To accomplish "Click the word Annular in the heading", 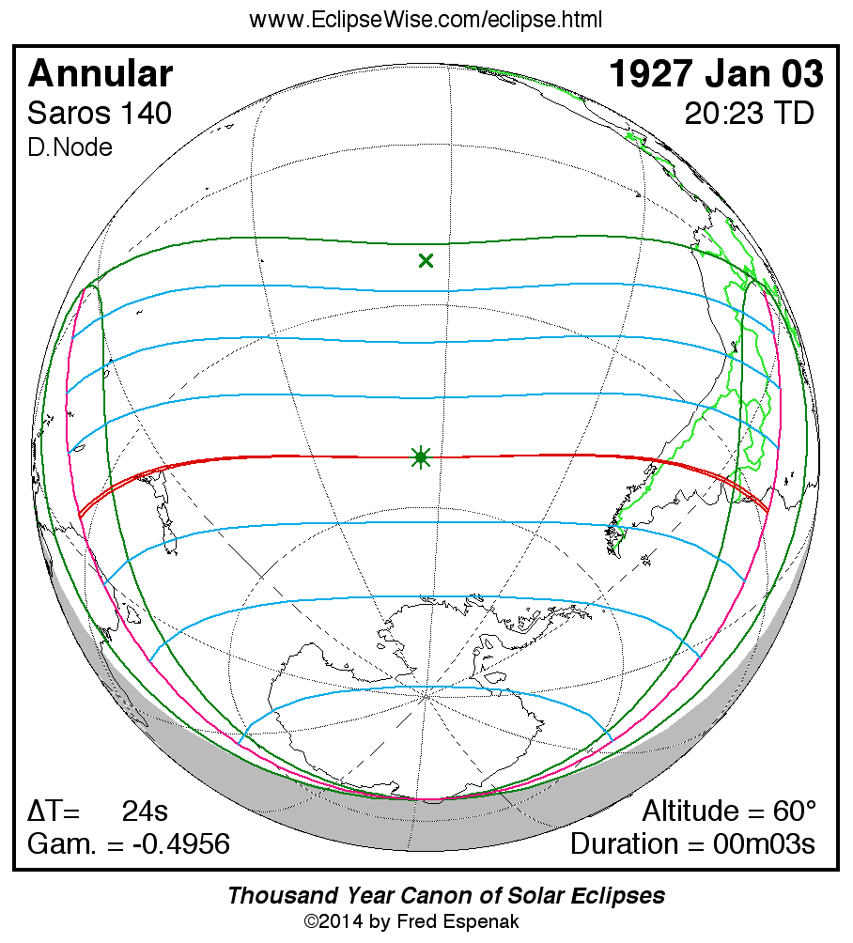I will (101, 74).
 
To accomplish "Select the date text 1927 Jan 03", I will (717, 74).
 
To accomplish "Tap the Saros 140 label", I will (100, 114).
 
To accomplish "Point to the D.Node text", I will (70, 147).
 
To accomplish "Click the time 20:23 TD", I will (748, 114).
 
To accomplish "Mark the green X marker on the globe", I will (426, 260).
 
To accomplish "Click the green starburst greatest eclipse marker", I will (421, 457).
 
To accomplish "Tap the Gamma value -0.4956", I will (180, 843).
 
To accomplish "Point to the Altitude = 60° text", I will (729, 811).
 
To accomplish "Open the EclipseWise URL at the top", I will (426, 20).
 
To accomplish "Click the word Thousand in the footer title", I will (273, 895).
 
